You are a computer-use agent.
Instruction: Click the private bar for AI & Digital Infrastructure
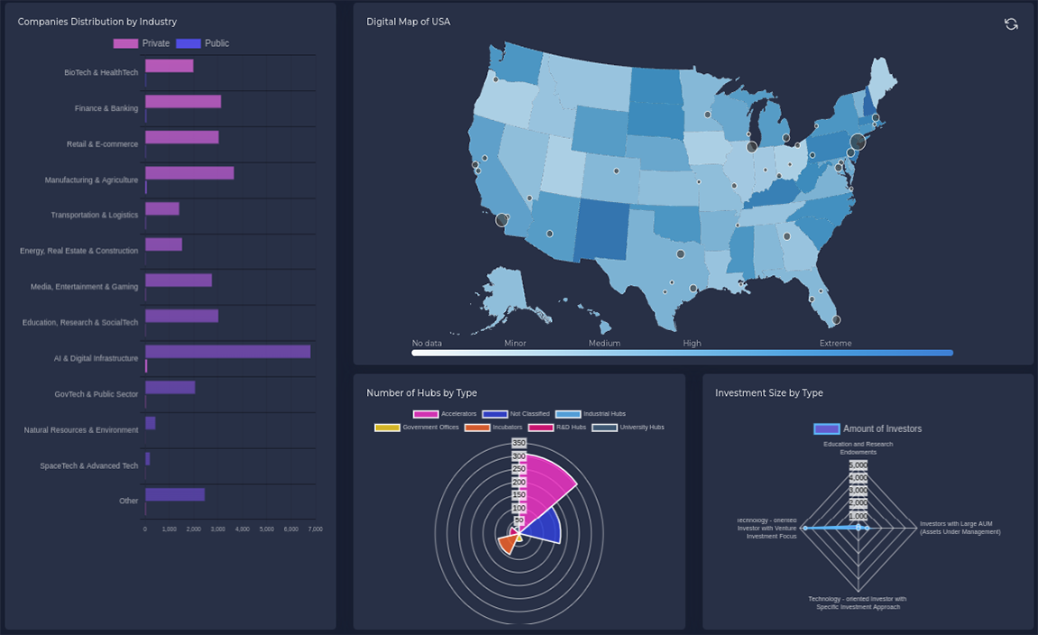tap(227, 352)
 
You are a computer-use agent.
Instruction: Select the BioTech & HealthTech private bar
tap(169, 66)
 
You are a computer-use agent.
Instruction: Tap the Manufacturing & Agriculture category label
tap(91, 180)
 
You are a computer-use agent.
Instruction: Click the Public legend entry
tap(204, 43)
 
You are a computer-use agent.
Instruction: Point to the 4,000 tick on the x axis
tap(242, 529)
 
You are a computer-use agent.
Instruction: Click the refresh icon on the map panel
tap(1011, 24)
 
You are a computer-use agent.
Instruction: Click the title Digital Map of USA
tap(408, 22)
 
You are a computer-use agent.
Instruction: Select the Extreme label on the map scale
tap(835, 344)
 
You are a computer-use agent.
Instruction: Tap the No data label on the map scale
tap(427, 344)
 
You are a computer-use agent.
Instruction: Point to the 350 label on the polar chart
tap(519, 444)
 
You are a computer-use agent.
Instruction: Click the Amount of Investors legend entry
tap(868, 429)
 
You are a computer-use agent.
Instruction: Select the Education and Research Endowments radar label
tap(858, 448)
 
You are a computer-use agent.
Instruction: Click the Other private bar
tap(174, 494)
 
